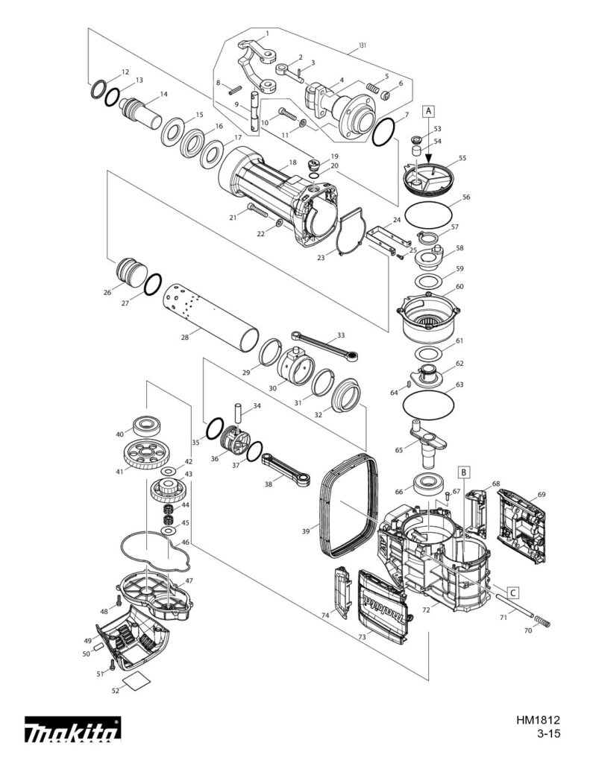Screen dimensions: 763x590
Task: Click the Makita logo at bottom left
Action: (72, 731)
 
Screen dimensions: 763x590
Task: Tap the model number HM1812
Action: (537, 721)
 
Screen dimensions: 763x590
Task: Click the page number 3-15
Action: (547, 734)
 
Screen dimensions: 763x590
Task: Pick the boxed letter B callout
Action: (463, 472)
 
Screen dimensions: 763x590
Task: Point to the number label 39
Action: (305, 531)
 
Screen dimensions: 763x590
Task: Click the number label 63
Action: (459, 384)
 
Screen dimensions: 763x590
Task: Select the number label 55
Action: (462, 159)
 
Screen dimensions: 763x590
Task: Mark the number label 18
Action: (292, 162)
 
